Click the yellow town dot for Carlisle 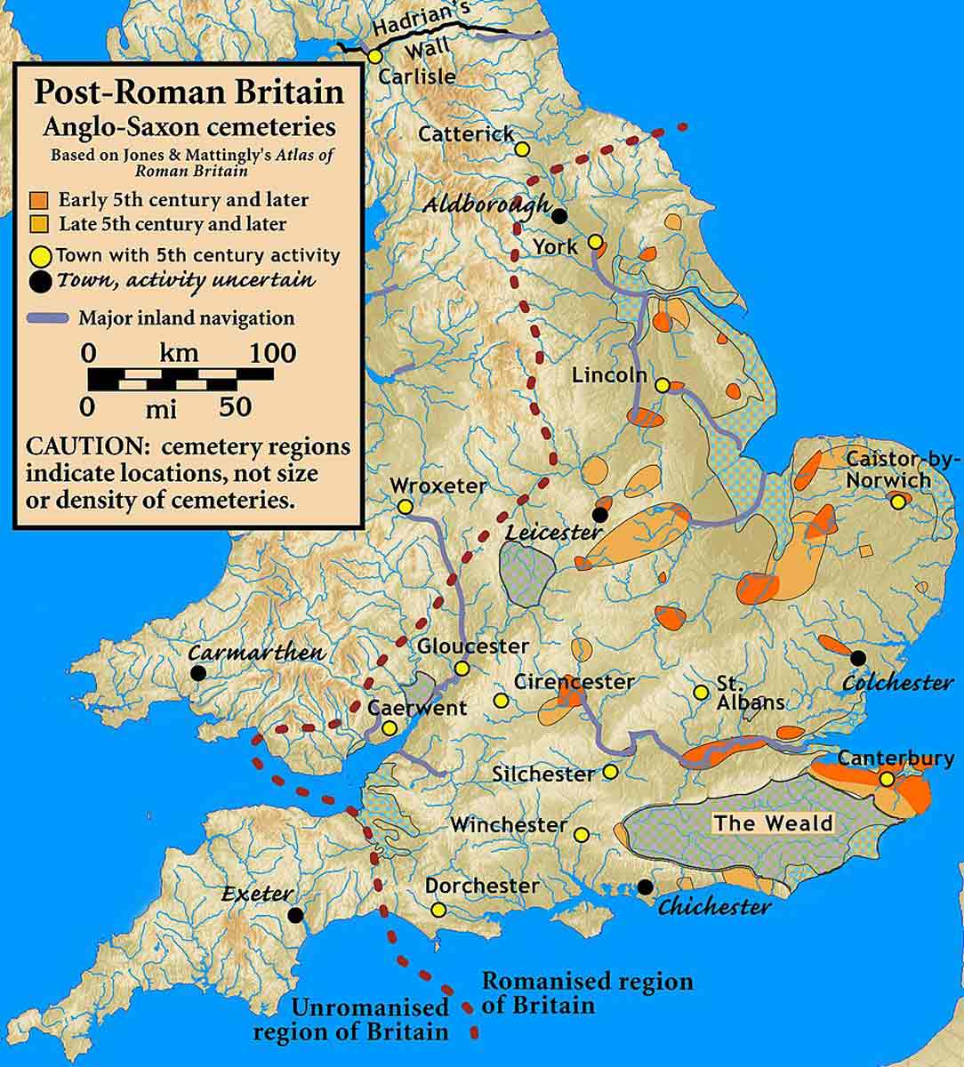[375, 55]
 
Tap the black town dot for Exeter [295, 914]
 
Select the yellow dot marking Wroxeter [406, 507]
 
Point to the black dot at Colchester [857, 658]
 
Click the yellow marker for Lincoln [663, 385]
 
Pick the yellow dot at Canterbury [887, 779]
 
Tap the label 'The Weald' [774, 822]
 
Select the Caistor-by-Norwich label [900, 469]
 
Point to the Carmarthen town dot [198, 673]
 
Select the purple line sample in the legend [49, 318]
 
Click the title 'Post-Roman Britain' [189, 92]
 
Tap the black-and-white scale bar [181, 380]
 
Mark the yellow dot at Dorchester [438, 910]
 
